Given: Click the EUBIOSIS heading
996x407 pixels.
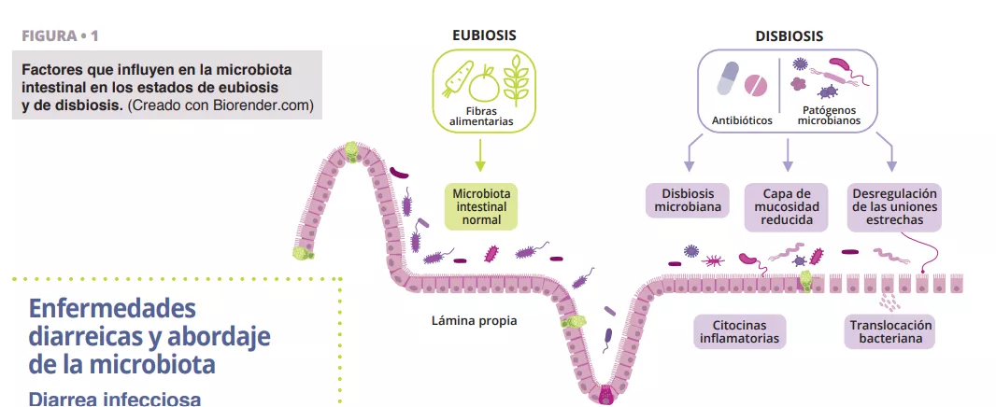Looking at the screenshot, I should (483, 35).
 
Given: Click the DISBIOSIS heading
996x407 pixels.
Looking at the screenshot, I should (789, 36).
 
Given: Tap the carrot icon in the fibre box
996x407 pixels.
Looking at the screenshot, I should (455, 78).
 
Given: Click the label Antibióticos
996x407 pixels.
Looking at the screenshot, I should (741, 120).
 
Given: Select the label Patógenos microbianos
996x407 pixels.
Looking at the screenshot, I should (827, 116).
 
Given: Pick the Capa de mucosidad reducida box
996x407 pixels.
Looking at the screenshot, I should (786, 207).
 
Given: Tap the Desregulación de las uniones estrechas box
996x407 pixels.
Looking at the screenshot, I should (894, 207).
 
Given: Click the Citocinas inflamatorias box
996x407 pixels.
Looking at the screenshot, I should (738, 331).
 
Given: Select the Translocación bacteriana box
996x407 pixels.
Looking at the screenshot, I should (891, 331).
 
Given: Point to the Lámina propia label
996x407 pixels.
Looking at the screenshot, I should (474, 320).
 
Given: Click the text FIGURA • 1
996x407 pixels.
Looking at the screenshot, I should (59, 36).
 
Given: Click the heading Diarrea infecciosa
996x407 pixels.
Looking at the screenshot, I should (115, 399).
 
